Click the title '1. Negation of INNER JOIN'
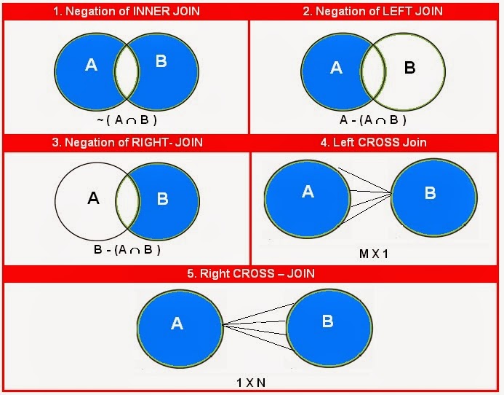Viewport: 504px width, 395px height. pos(125,11)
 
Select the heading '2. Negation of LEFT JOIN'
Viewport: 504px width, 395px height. pos(376,11)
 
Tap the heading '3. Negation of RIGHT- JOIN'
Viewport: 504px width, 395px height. pos(126,143)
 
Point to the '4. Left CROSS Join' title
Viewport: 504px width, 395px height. pos(376,143)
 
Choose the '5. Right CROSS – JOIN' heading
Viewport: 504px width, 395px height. pos(252,274)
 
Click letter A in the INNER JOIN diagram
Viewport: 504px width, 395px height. pos(92,66)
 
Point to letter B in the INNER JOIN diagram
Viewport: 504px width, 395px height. pos(161,61)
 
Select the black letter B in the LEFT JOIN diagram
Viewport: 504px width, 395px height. pos(409,68)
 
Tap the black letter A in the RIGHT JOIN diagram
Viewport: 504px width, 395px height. pos(93,197)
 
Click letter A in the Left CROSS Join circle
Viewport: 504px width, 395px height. pos(308,192)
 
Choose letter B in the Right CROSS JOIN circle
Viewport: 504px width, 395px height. pos(327,321)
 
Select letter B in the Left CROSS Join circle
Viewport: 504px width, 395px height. pos(430,194)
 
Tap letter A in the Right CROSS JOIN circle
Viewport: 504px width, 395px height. pos(177,324)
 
